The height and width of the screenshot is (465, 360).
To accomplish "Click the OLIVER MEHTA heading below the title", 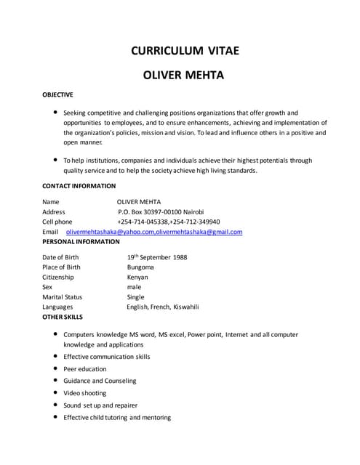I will pos(184,75).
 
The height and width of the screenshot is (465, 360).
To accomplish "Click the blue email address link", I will pos(154,232).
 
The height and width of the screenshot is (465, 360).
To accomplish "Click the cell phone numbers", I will pos(168,222).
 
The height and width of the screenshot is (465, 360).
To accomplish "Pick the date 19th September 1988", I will pos(156,257).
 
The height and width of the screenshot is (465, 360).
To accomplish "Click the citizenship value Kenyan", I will pos(137,278).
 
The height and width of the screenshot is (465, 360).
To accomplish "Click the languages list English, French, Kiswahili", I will pos(162,307).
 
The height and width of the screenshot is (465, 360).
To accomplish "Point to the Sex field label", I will pos(47,287).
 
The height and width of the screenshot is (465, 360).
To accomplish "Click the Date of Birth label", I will pos(61,257).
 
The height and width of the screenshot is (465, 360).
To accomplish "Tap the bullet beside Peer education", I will pos(56,369).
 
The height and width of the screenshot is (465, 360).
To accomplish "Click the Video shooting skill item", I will pos(84,393).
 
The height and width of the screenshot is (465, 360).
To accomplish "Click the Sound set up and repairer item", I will pos(100,405).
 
